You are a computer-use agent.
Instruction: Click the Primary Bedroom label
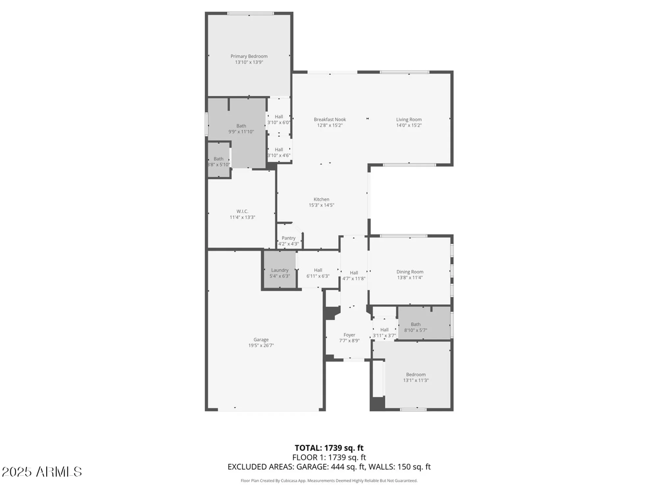[249, 56]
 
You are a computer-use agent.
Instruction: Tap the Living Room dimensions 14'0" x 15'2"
[409, 125]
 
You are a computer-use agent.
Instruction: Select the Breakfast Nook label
[330, 120]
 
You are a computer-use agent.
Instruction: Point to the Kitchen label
[321, 199]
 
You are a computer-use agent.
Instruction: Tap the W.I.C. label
[242, 211]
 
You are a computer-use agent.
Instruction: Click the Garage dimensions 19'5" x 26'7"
[261, 345]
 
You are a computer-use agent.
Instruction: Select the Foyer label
[349, 335]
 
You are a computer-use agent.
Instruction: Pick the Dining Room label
[410, 272]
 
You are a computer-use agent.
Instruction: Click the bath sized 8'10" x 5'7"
[416, 327]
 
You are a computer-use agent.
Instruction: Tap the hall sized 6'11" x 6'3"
[318, 273]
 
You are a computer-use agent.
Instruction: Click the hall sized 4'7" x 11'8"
[354, 275]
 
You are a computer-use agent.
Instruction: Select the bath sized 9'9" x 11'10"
[241, 128]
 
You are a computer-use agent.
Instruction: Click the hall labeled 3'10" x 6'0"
[279, 119]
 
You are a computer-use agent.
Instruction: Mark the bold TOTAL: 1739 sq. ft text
[329, 448]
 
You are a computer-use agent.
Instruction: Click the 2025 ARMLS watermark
[42, 472]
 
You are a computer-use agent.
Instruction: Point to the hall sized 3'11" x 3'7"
[384, 332]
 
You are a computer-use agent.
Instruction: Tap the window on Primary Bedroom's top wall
[250, 14]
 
